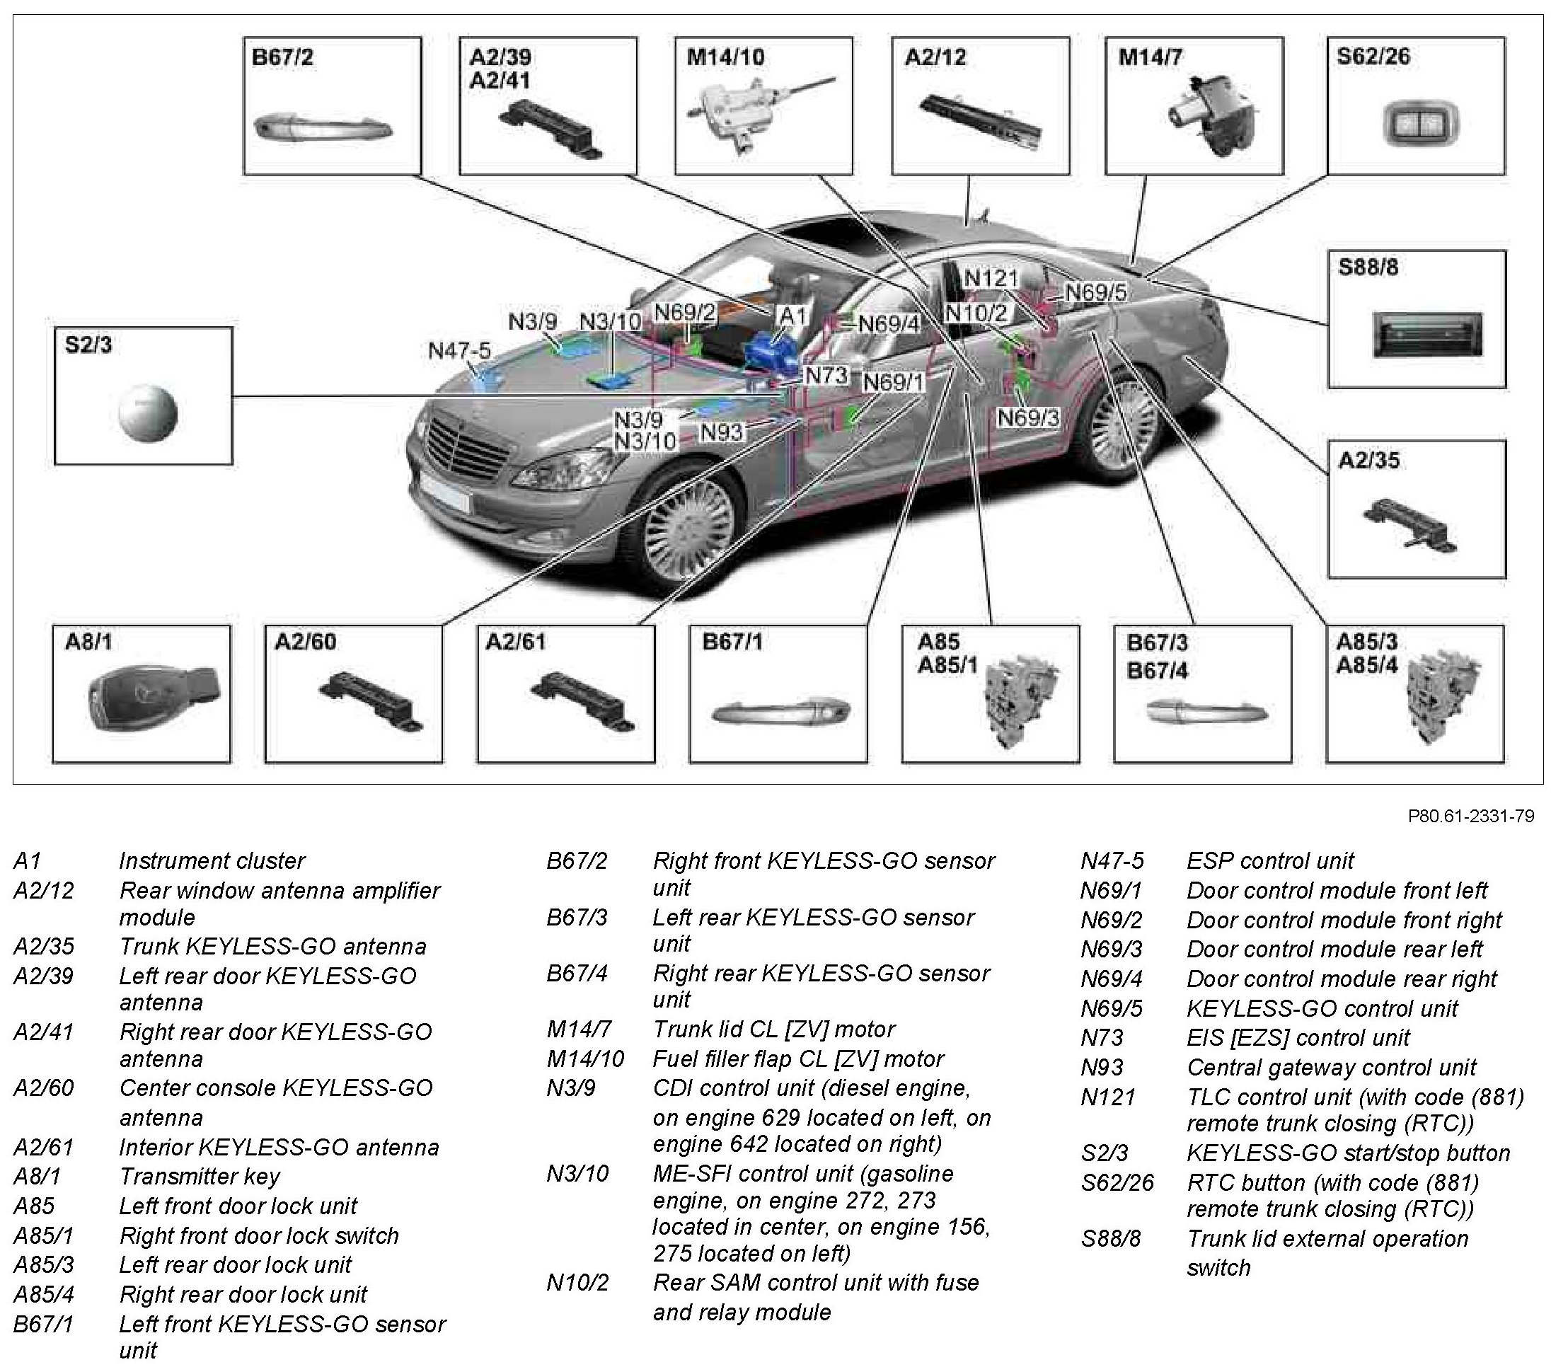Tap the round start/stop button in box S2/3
148,414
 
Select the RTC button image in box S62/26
1411,125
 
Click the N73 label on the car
825,375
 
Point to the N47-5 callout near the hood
459,351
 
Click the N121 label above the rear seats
990,278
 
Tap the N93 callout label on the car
722,432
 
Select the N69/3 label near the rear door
1028,418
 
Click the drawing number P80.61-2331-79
1470,817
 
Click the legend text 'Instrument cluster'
212,860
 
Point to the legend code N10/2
577,1283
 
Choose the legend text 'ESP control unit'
1269,860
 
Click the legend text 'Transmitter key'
200,1176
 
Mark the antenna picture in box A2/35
1410,524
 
